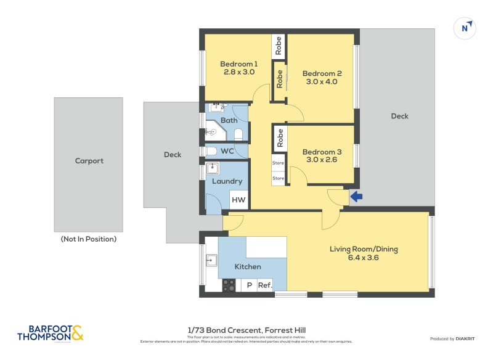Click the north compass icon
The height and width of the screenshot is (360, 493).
tap(465, 28)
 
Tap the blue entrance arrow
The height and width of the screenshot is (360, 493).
tap(356, 197)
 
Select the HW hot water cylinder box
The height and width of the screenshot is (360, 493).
tap(238, 200)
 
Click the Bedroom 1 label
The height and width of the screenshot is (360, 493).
tap(238, 64)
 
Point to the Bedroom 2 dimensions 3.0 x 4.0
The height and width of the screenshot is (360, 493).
tap(319, 81)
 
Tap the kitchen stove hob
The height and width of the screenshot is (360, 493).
tap(229, 285)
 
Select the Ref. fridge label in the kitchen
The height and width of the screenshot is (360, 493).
tap(265, 285)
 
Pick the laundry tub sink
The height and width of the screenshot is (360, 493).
tap(213, 168)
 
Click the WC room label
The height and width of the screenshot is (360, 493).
tap(227, 151)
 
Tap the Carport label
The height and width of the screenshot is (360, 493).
tap(89, 161)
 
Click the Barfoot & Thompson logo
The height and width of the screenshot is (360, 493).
tap(50, 333)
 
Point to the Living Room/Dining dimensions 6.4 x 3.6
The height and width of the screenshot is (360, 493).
tap(363, 258)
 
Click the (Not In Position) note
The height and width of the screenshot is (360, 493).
tap(88, 239)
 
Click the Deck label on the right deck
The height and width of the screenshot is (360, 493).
tap(399, 116)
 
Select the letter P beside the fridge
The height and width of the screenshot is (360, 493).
tap(249, 285)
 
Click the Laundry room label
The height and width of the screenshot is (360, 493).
tap(226, 181)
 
